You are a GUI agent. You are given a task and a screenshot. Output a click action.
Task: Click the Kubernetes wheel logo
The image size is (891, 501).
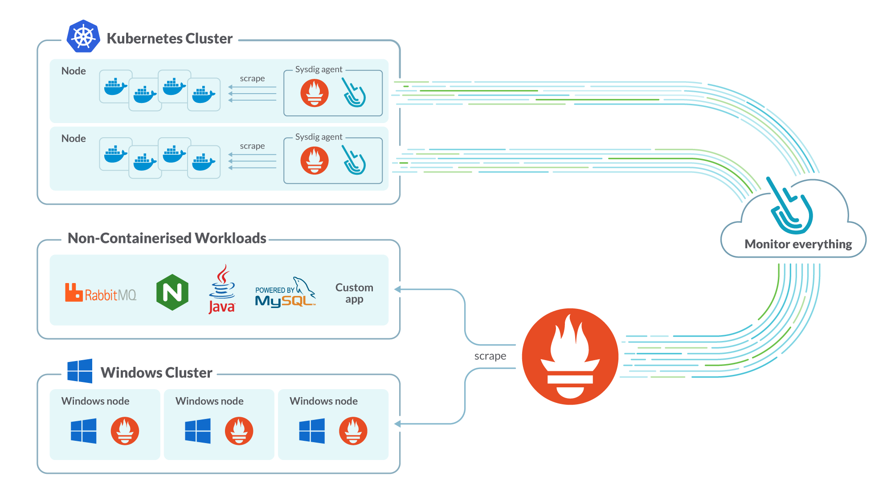[x=83, y=37]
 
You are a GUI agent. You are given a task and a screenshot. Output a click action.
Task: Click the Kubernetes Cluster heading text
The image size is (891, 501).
[x=169, y=39]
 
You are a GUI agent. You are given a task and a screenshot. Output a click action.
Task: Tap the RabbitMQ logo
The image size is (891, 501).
[x=101, y=293]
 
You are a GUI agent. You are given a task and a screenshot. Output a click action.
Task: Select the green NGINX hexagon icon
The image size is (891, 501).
[x=172, y=292]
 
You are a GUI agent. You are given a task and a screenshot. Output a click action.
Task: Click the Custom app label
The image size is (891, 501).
[x=354, y=293]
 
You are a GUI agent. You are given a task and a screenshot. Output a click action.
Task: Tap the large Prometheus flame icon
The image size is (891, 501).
[x=570, y=357]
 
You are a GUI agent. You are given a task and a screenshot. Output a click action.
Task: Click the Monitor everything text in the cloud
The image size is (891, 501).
[x=798, y=244]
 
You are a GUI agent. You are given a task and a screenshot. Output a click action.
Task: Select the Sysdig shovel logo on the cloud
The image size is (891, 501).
[x=791, y=206]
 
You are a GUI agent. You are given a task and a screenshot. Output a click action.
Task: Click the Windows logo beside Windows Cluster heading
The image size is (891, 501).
[x=80, y=371]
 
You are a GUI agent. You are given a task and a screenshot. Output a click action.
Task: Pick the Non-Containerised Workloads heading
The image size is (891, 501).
[x=167, y=238]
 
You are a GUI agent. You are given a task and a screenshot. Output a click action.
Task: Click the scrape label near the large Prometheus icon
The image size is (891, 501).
[x=490, y=356]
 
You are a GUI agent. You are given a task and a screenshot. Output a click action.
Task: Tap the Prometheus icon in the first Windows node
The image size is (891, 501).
[x=125, y=431]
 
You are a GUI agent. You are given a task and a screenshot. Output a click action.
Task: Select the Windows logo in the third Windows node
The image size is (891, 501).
[x=312, y=431]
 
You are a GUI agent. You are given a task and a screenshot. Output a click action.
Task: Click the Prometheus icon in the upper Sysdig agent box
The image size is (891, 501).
[x=315, y=93]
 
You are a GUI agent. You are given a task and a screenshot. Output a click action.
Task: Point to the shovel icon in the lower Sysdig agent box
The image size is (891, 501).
[x=354, y=160]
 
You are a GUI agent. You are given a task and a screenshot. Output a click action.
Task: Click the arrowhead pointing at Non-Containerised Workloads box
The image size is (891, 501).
[x=397, y=289]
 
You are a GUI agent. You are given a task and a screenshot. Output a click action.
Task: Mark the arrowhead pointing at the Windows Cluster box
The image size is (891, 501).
[x=397, y=424]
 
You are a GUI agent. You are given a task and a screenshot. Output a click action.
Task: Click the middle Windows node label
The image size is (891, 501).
[x=209, y=401]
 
